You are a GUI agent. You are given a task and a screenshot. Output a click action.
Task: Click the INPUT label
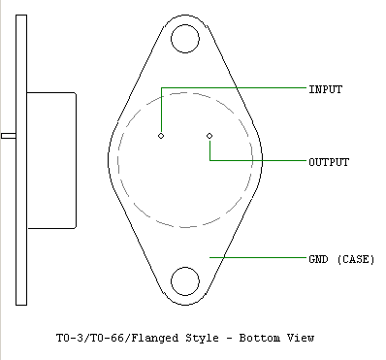pos(326,89)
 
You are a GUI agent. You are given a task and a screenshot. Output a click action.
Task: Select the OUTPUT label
pos(329,162)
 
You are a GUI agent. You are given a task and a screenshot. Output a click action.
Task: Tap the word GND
pos(319,259)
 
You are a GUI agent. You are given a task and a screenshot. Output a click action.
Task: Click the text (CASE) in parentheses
pos(356,259)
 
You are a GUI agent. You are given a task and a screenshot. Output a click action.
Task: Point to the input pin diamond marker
pos(161,136)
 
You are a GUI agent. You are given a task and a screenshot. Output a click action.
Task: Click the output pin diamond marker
pos(209,136)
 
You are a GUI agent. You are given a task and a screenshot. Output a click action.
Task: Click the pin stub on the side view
pos(9,136)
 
